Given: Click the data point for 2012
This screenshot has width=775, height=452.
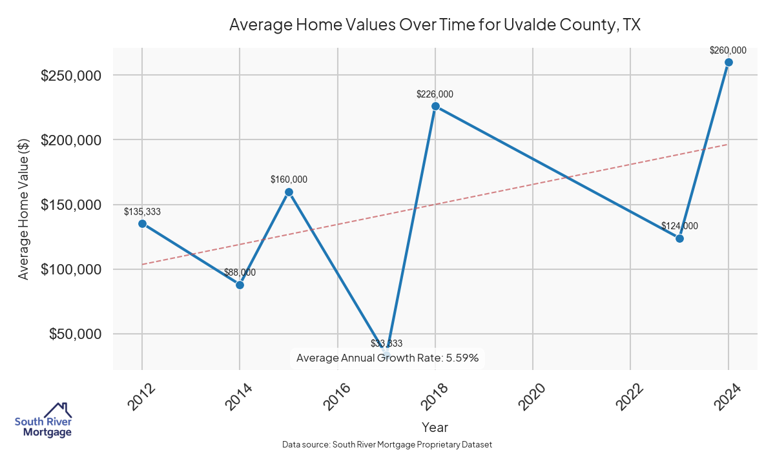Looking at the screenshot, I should pyautogui.click(x=142, y=223).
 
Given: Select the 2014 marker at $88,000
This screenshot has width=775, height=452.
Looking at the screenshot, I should pyautogui.click(x=240, y=285).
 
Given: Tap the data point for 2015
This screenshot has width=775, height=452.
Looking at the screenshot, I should pyautogui.click(x=289, y=192).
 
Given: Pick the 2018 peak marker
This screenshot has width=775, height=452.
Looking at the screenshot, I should pyautogui.click(x=435, y=106).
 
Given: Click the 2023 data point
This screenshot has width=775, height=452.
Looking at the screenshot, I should pyautogui.click(x=679, y=238).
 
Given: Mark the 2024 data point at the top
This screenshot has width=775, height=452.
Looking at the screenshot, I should pyautogui.click(x=728, y=62).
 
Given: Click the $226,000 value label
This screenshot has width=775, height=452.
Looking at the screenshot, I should pyautogui.click(x=435, y=94).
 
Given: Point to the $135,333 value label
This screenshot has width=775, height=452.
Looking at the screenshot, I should pyautogui.click(x=142, y=212).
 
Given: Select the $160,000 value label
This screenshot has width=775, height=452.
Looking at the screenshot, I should pyautogui.click(x=289, y=180).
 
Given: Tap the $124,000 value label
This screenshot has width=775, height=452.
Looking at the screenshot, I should pyautogui.click(x=679, y=226).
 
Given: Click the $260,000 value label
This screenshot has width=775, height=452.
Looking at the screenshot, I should pyautogui.click(x=728, y=50).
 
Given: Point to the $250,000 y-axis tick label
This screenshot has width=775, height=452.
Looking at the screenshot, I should pyautogui.click(x=71, y=76).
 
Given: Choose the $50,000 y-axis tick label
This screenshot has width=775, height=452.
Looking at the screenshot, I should pyautogui.click(x=75, y=334).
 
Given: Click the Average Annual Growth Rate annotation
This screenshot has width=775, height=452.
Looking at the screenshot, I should pyautogui.click(x=387, y=358).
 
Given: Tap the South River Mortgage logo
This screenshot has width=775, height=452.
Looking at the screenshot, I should pyautogui.click(x=43, y=420).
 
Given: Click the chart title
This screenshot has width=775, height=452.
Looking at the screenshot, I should pyautogui.click(x=435, y=25).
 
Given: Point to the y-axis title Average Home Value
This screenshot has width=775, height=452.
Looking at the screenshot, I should pyautogui.click(x=23, y=208).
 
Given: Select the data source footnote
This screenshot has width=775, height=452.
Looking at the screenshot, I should pyautogui.click(x=387, y=445).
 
